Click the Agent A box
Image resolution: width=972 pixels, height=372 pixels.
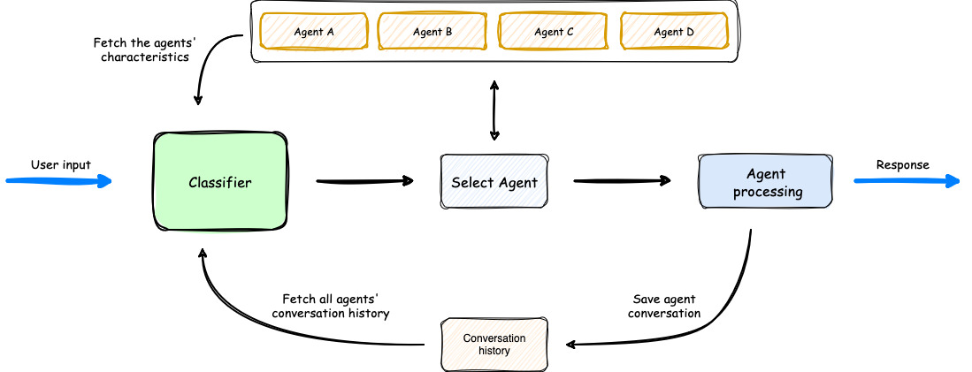(x=313, y=32)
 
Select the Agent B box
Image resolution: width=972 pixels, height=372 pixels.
(x=432, y=32)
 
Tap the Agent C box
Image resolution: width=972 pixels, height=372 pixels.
(x=554, y=32)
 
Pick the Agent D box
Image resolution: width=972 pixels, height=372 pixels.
(x=674, y=32)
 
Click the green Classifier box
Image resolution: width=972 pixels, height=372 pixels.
(x=220, y=183)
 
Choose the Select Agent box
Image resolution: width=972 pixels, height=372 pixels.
(x=494, y=183)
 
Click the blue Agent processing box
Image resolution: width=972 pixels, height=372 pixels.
(x=766, y=183)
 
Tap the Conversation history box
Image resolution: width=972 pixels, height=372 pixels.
(x=494, y=345)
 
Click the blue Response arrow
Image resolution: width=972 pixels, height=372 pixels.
(x=907, y=181)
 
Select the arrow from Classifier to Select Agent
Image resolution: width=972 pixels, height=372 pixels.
(x=364, y=182)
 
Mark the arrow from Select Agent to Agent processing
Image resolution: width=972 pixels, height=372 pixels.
(x=622, y=182)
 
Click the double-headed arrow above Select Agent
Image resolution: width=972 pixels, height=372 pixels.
(x=494, y=110)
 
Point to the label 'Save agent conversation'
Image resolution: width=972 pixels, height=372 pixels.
(x=666, y=307)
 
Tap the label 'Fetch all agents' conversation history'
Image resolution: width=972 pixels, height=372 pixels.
(x=330, y=307)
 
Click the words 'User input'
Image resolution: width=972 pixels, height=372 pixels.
(x=60, y=164)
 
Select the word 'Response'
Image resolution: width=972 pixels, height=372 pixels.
(x=902, y=164)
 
